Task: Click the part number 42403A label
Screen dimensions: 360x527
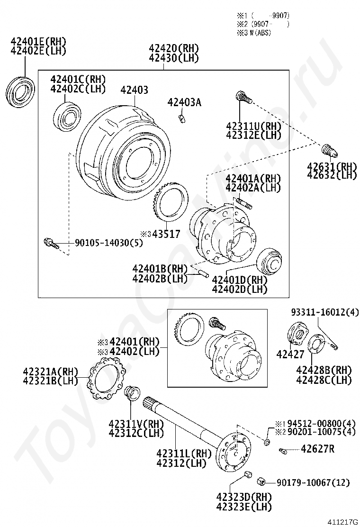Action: click(x=184, y=102)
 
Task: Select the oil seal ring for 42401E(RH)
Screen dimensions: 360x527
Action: click(x=21, y=92)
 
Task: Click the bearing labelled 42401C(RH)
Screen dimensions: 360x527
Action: click(x=67, y=116)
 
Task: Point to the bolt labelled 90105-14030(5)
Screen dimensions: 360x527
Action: click(x=51, y=243)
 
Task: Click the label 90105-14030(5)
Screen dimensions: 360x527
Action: click(x=108, y=243)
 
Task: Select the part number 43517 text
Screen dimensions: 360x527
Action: click(x=166, y=234)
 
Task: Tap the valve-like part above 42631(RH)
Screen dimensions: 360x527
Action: click(x=330, y=151)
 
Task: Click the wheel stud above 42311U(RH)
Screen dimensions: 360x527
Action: click(x=244, y=98)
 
